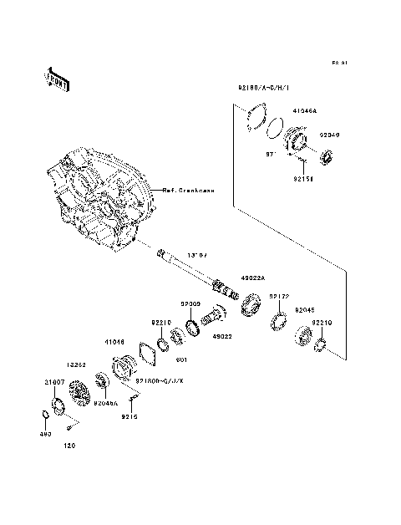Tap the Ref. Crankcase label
[188, 191]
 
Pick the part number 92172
[279, 296]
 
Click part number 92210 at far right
[323, 322]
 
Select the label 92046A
[104, 401]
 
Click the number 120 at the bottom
[70, 446]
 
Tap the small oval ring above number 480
[43, 416]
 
